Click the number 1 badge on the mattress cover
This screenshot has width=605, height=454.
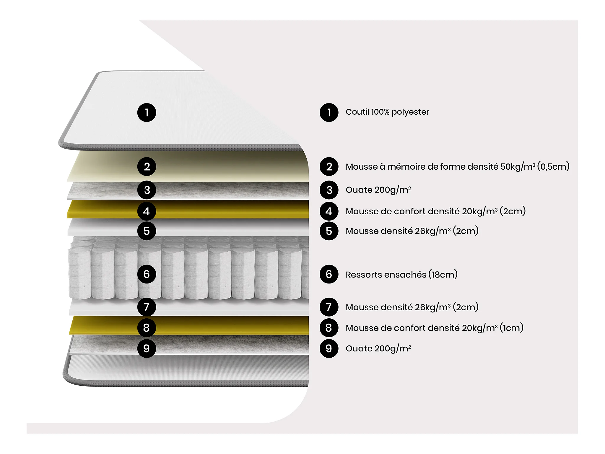(x=147, y=112)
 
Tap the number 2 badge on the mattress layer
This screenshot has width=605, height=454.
(x=147, y=167)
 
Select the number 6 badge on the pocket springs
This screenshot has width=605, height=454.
(x=147, y=274)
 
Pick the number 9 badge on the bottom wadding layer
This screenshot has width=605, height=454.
(x=147, y=348)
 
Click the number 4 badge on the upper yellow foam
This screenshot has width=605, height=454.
(x=147, y=211)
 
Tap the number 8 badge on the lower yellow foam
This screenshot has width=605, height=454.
(x=147, y=328)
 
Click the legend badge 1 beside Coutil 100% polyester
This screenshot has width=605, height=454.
(x=329, y=112)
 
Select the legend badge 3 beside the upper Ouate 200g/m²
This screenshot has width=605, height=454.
(x=329, y=190)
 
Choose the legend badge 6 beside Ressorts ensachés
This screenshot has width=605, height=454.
(x=329, y=274)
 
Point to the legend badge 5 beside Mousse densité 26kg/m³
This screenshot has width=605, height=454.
(x=329, y=231)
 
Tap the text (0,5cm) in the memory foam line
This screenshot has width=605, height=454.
(x=553, y=167)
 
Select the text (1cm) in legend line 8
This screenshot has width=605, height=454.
(x=511, y=328)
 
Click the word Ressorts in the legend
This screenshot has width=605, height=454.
(x=362, y=275)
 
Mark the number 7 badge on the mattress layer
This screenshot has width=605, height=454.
(x=147, y=307)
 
